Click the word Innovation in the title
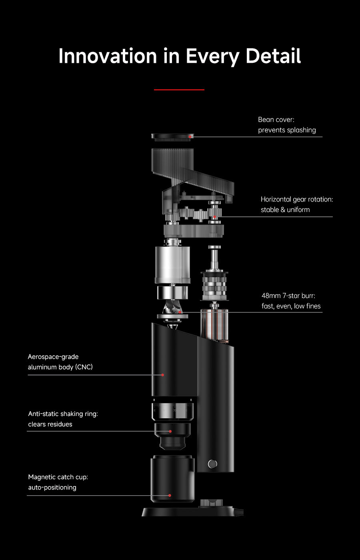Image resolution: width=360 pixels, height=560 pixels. [108, 56]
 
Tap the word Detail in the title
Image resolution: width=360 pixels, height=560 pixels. [273, 56]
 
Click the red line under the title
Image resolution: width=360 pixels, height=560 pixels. [179, 90]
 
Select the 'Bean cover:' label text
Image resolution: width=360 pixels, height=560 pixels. [276, 120]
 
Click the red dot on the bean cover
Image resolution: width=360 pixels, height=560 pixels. [190, 137]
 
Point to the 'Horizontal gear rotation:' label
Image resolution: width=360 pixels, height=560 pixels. [297, 199]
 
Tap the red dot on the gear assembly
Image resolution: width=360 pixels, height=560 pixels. [214, 217]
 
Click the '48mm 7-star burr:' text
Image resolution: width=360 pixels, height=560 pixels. [288, 296]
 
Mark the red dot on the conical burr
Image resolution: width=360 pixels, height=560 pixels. [180, 312]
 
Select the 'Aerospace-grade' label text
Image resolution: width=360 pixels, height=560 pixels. [53, 357]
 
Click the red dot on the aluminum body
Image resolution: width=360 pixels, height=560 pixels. [162, 375]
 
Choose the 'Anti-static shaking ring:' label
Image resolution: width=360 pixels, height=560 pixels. [63, 414]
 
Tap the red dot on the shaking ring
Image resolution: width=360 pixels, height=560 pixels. [170, 431]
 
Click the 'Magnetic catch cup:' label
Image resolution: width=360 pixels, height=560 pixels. [58, 477]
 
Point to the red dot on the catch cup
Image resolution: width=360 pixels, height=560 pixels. [170, 495]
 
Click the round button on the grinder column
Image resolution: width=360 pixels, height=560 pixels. [212, 464]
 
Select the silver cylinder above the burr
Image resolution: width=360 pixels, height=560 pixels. [172, 265]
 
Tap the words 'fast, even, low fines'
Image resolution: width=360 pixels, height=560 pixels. [291, 306]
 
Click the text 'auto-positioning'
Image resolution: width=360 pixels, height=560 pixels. [52, 488]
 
